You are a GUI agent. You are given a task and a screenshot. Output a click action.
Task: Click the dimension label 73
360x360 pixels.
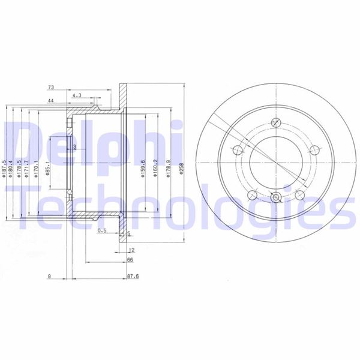pos(51,88)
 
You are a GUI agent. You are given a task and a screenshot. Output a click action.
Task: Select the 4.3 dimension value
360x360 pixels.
pos(77,95)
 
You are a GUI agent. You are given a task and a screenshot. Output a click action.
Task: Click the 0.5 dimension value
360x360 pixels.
pos(101,230)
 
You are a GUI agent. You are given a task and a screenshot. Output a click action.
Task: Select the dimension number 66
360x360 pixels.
pos(130,260)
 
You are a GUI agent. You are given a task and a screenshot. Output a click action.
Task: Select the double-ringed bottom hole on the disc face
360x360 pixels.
pos(275,197)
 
